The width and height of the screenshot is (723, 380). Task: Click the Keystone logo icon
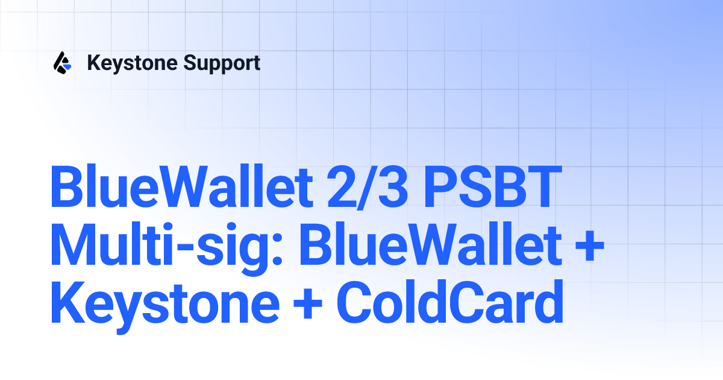pyautogui.click(x=62, y=62)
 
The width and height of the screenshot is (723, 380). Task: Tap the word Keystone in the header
pyautogui.click(x=124, y=62)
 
